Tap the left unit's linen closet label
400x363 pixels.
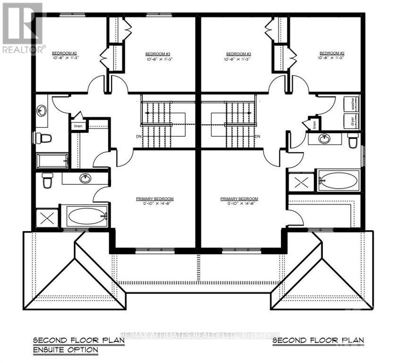click(78, 126)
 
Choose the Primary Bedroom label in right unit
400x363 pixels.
click(239, 199)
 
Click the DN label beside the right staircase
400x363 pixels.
click(258, 137)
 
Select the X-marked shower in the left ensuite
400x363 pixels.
click(47, 218)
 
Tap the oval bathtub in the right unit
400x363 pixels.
click(338, 181)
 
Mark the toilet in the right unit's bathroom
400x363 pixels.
click(353, 140)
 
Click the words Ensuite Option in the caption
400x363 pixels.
click(66, 350)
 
